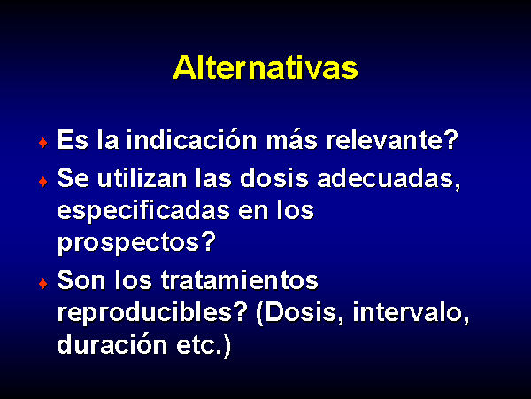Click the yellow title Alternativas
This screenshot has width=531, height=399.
point(265,67)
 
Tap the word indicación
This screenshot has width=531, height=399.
point(191,139)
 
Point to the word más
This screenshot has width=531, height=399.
point(291,139)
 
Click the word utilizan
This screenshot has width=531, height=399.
point(142,178)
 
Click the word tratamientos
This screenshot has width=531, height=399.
point(240,280)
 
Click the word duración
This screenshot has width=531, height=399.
point(112,344)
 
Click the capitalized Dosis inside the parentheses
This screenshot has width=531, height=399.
point(299,312)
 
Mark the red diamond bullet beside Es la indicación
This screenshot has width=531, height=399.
point(43,143)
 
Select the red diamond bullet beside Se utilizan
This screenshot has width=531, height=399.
point(43,182)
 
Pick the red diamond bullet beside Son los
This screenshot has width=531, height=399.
point(43,284)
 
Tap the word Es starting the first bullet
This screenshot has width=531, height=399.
point(73,139)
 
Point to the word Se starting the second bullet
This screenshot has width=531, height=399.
point(73,178)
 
